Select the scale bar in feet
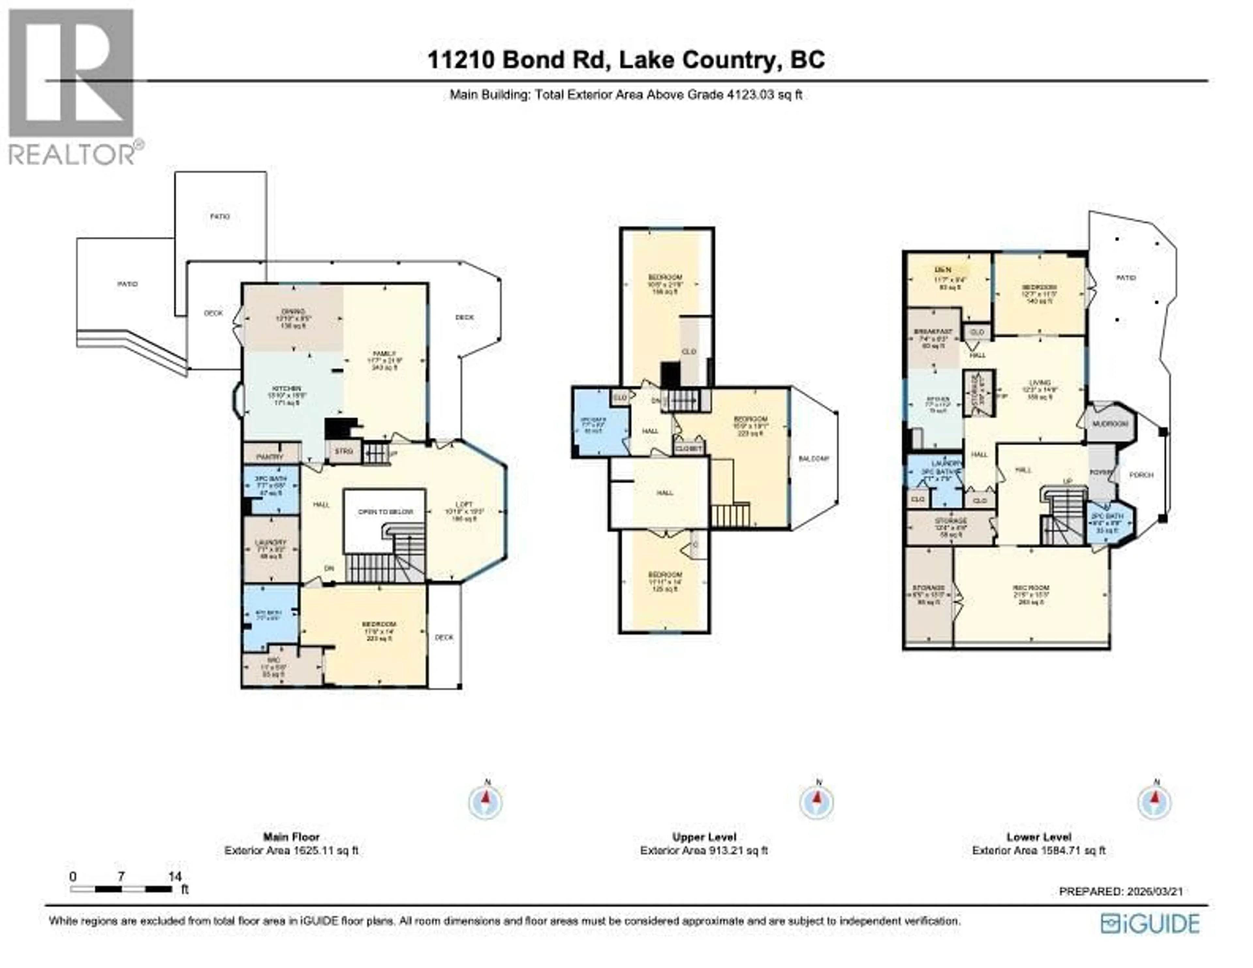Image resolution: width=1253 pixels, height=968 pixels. pyautogui.click(x=122, y=889)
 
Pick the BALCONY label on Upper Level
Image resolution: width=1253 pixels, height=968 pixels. pyautogui.click(x=813, y=458)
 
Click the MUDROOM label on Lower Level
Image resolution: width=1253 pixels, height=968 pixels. pyautogui.click(x=1110, y=424)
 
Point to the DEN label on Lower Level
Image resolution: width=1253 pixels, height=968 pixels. pyautogui.click(x=943, y=270)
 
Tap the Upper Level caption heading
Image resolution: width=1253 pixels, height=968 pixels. pyautogui.click(x=704, y=837)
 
